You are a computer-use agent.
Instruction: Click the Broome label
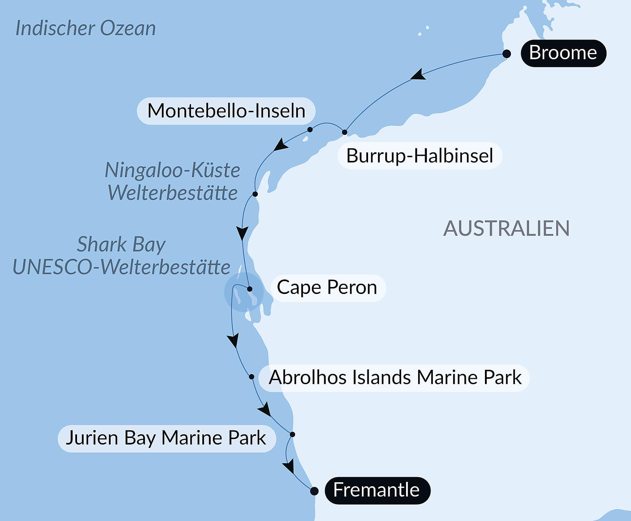click(563, 53)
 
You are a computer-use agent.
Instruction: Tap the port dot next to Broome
click(506, 54)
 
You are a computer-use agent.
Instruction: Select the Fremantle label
click(377, 490)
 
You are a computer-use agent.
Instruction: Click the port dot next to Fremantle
click(314, 491)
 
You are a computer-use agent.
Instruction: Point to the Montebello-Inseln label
click(226, 111)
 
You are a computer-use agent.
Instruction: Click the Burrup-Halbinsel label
click(420, 156)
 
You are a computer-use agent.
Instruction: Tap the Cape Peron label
click(327, 288)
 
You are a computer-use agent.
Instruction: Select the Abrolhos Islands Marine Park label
click(394, 378)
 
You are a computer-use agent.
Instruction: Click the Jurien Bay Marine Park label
click(166, 438)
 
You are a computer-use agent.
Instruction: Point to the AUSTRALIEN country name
click(506, 229)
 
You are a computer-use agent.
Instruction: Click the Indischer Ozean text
click(85, 29)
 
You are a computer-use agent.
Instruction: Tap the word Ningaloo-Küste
click(172, 170)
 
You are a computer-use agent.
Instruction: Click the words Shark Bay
click(121, 245)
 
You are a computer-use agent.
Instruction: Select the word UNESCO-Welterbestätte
click(121, 267)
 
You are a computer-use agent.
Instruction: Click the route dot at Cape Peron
click(250, 289)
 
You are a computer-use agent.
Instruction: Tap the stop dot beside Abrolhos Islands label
click(252, 377)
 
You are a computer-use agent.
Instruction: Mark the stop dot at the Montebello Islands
click(310, 129)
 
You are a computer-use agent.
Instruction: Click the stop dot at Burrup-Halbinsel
click(344, 132)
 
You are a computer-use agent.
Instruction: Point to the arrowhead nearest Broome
click(418, 75)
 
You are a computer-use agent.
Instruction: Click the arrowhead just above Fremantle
click(289, 467)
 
